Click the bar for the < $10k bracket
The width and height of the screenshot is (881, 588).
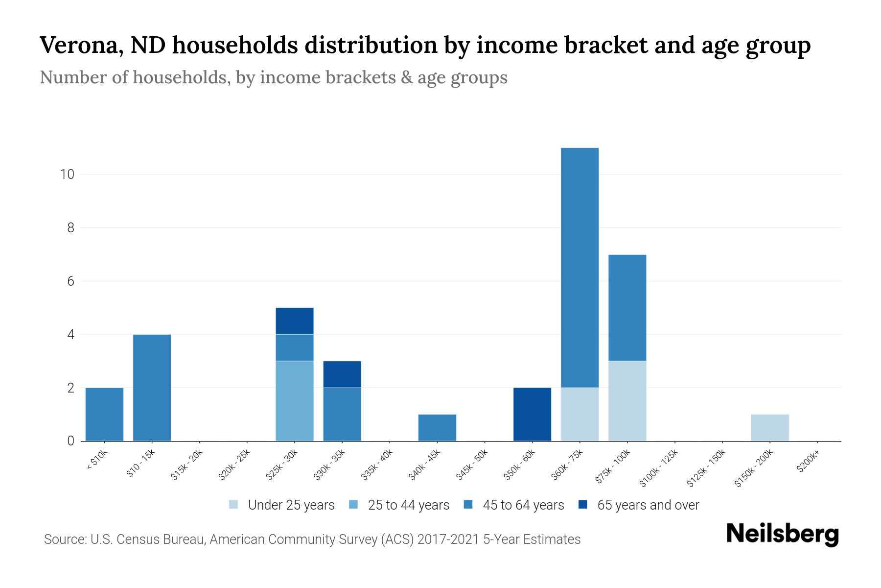pos(104,415)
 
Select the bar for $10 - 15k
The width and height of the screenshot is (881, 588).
pos(152,388)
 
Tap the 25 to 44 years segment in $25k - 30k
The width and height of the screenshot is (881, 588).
pos(295,401)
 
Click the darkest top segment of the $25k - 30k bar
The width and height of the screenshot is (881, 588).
pos(295,321)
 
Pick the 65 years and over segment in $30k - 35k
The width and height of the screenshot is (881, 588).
pos(342,374)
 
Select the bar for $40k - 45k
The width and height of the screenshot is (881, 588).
pos(437,428)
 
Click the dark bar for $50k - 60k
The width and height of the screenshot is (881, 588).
pos(532,415)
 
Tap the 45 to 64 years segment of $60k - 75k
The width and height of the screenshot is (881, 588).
pos(580,268)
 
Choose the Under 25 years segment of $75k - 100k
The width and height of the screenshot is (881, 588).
pos(627,401)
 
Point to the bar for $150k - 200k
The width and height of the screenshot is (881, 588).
pos(769,428)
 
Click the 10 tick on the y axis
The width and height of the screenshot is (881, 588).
pos(67,174)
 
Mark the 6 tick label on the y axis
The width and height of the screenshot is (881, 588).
pos(70,281)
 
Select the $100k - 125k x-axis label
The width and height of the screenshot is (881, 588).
pos(659,469)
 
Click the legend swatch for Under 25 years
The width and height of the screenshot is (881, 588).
pos(234,504)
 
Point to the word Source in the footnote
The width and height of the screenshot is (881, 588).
pos(64,539)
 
